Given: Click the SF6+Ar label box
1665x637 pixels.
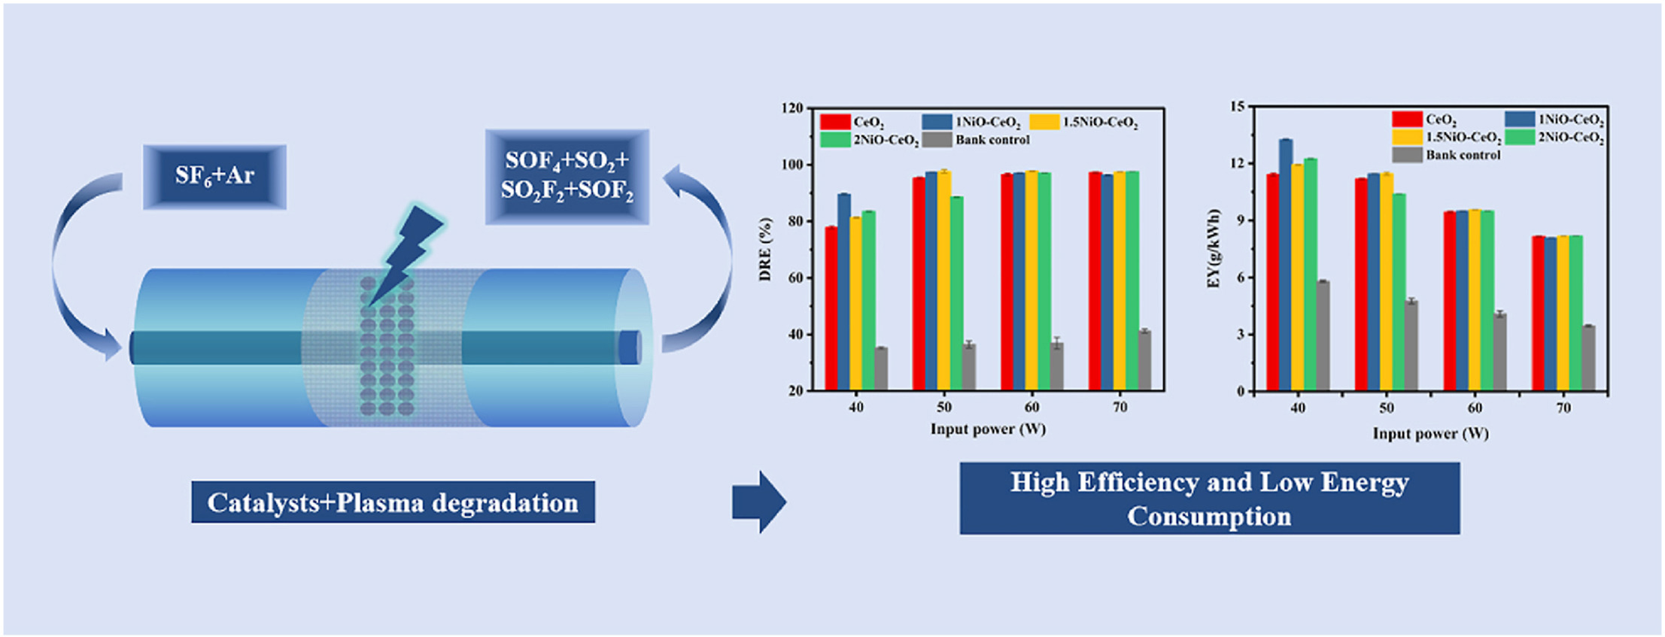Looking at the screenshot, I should pos(214,176).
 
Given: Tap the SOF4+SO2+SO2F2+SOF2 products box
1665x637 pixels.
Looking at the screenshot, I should pos(567,176).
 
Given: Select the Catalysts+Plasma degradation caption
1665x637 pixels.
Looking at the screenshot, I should pos(393,502).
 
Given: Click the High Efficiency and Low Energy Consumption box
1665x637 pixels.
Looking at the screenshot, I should pos(1209,499).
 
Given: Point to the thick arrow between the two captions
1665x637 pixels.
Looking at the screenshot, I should pos(758,502).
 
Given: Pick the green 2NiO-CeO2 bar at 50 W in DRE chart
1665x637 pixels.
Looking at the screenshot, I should pos(957,293).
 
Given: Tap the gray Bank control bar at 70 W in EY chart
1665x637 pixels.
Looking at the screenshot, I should pos(1588,358).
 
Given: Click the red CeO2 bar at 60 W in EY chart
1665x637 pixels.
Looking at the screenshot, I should pos(1449,301).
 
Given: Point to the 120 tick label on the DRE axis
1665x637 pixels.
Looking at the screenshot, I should pos(792,108).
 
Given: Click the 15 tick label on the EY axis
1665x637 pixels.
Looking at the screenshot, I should pos(1238,107).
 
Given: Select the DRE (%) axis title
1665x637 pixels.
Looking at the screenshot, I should pos(766,249).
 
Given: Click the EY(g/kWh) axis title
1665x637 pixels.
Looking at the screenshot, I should pos(1213,249).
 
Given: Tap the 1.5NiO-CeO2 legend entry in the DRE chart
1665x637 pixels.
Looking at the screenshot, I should pos(1084,122).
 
